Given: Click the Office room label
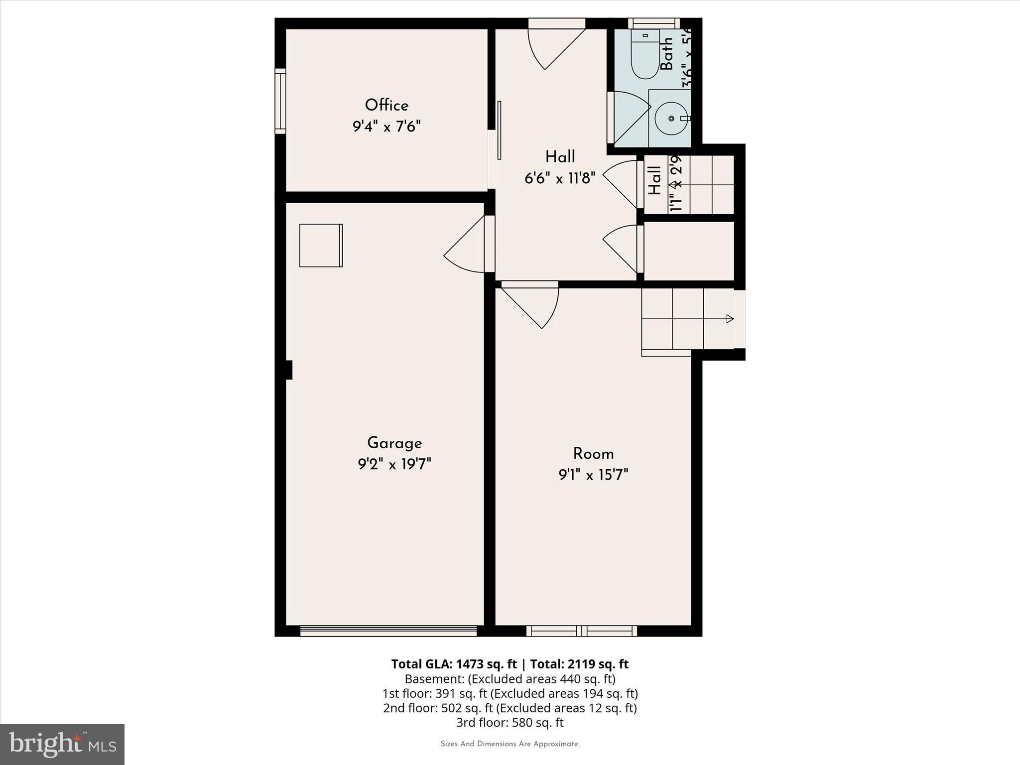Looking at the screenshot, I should [x=386, y=105].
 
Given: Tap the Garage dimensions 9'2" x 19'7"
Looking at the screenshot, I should [x=394, y=465].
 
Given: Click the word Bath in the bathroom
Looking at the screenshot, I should [x=666, y=54].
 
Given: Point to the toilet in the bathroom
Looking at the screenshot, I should [x=645, y=55].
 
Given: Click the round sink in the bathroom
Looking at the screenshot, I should [x=671, y=118].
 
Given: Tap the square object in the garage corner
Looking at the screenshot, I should [x=321, y=246].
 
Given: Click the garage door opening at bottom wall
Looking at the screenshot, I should [x=388, y=631].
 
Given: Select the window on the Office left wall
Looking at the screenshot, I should [x=280, y=101].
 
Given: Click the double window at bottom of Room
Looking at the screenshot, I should [x=582, y=631].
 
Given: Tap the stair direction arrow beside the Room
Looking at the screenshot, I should [x=729, y=319].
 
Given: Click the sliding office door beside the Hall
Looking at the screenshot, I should [x=499, y=130].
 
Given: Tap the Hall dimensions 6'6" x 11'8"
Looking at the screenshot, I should [x=560, y=178].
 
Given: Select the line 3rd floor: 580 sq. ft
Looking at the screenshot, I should [x=510, y=722].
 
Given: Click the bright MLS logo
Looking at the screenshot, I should [x=62, y=744].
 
